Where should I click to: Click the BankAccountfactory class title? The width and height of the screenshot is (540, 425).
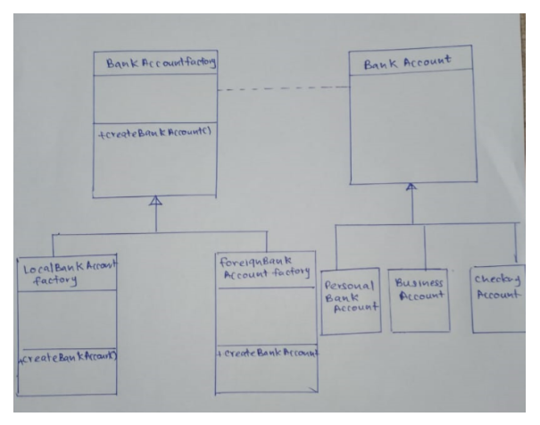(156, 64)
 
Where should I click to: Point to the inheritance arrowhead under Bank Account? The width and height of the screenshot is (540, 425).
(411, 188)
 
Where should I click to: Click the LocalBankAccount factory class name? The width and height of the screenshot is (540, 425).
(68, 271)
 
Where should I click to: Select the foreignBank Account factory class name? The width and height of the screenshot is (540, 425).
(264, 268)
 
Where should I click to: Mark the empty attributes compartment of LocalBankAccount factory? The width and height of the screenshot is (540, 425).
(68, 317)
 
